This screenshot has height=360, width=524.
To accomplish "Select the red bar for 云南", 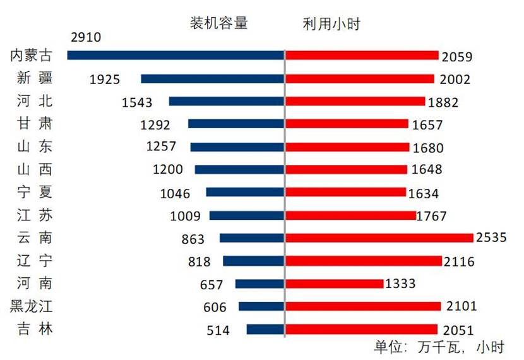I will coord(379,238).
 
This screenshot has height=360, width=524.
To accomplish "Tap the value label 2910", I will coord(86,37).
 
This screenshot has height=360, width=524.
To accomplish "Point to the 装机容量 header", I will coord(219,24).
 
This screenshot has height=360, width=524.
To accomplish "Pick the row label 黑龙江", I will coord(31,307).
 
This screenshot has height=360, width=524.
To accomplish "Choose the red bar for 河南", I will coord(334,284).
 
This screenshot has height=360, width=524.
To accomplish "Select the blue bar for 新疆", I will coord(213,79).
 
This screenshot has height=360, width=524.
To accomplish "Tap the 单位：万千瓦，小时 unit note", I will coord(439,347).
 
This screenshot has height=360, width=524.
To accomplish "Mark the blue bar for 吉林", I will coord(265,329).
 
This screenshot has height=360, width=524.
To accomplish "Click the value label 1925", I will coord(105,80).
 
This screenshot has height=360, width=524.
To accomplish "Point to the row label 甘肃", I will coord(35,124).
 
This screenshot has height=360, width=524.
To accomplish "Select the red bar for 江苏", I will coord(350,215).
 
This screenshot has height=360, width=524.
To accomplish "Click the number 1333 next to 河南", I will coord(400,284).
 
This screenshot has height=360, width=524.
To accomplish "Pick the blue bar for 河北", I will coord(227,101).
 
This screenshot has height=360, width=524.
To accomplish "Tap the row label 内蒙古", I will coord(31,56).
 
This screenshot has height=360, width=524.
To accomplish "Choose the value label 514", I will coord(218,330).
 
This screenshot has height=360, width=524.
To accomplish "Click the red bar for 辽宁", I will coord(363,261).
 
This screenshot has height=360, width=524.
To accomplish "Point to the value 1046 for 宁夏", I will coord(174,193).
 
